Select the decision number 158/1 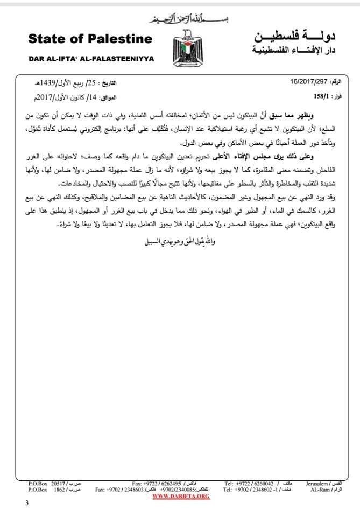323,97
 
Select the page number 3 26,503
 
